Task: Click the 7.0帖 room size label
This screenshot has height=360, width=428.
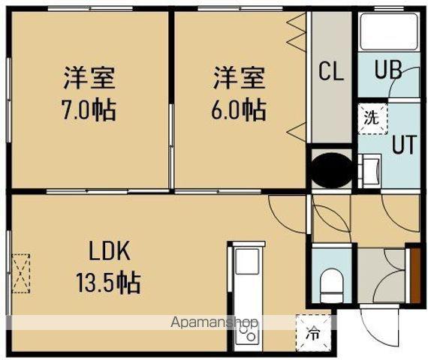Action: [x=89, y=110]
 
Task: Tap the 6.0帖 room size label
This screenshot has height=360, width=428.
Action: [x=238, y=110]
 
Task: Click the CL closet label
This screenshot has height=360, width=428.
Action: [x=332, y=73]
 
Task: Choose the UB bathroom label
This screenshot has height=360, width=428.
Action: [x=389, y=72]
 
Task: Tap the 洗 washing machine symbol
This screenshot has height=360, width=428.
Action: [x=371, y=118]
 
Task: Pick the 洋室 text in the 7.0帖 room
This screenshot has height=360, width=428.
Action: [x=89, y=78]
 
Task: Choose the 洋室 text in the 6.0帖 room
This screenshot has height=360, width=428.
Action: [x=238, y=78]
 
